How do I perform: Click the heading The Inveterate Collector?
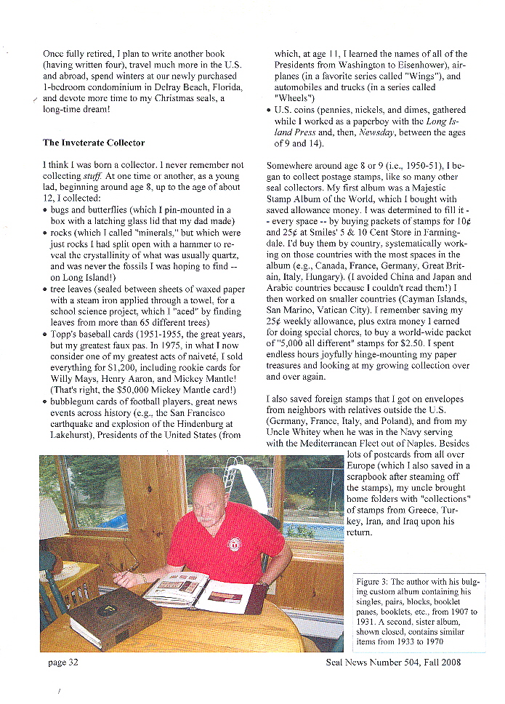94,143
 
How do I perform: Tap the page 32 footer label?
63,662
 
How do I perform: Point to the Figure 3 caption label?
375,582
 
